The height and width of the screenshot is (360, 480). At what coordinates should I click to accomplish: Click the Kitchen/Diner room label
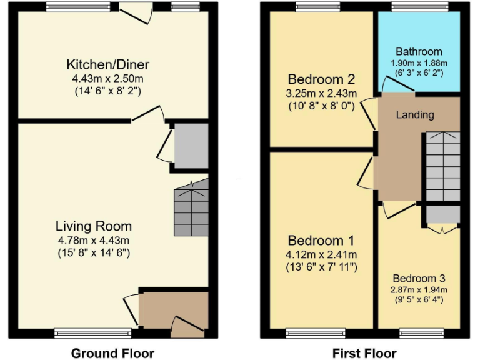(108, 64)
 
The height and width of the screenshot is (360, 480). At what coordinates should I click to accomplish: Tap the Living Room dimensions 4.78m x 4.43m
(94, 240)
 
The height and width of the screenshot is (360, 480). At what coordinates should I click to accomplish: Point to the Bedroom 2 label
(321, 79)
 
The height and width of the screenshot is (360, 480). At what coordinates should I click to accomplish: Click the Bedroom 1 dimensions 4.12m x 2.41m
(321, 254)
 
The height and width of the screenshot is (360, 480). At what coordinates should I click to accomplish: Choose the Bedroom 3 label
(419, 278)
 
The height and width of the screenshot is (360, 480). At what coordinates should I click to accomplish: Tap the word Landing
(415, 114)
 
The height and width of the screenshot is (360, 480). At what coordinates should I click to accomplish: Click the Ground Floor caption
(112, 353)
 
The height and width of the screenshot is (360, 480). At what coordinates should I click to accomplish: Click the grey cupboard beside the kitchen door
(191, 146)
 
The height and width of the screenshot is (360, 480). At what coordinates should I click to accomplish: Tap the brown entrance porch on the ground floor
(173, 309)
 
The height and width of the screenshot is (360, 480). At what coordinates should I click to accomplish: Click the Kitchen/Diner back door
(136, 12)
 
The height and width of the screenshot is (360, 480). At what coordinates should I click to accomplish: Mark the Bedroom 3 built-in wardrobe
(442, 216)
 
